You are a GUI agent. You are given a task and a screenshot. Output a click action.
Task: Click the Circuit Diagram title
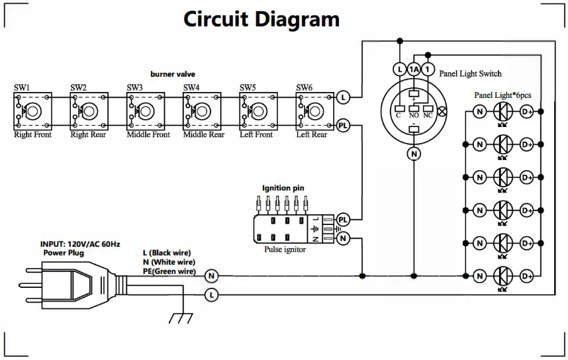[261, 19]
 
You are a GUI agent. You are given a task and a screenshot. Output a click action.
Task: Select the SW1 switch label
[22, 87]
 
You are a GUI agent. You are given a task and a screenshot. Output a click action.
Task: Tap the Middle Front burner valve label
[148, 135]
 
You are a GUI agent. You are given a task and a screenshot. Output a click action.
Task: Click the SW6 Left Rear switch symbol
[315, 111]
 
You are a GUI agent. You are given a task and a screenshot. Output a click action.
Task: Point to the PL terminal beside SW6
[343, 126]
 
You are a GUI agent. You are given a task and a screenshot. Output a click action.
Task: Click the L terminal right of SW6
[343, 97]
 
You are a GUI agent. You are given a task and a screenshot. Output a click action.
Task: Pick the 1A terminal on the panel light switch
[414, 69]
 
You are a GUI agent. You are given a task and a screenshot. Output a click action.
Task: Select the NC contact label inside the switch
[428, 116]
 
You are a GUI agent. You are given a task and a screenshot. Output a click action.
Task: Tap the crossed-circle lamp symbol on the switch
[442, 111]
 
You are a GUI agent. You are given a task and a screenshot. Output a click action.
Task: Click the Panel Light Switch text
[470, 74]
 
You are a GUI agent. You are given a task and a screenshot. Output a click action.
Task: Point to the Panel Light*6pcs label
[503, 95]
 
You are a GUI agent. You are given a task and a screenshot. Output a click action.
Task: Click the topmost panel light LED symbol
[503, 112]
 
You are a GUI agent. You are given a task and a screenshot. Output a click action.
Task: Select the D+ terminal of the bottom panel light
[527, 277]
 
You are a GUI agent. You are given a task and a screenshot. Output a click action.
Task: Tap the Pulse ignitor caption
[285, 249]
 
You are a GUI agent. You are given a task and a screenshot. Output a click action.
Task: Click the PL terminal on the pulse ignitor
[343, 220]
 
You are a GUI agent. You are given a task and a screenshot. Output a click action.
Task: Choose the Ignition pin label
[283, 188]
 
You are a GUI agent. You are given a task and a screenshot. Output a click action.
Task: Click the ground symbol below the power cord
[181, 318]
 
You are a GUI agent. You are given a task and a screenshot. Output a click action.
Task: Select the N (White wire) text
[169, 262]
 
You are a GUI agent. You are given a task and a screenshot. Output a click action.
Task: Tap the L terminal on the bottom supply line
[212, 294]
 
